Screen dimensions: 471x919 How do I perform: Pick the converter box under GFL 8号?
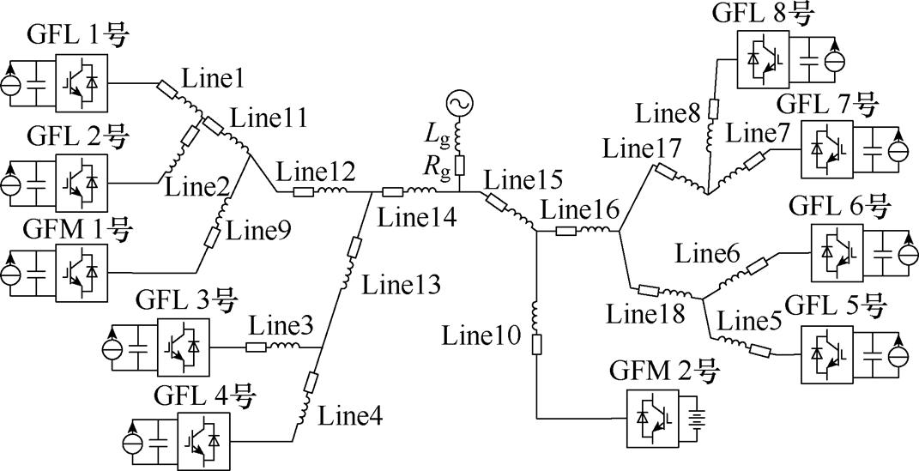(x=763, y=61)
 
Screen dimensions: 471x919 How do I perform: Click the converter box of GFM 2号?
(x=653, y=417)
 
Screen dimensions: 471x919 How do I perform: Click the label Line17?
(x=641, y=148)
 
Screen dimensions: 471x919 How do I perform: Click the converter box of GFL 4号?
(x=203, y=439)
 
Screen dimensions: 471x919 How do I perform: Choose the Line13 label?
(x=401, y=284)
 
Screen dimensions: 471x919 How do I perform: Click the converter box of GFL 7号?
(x=827, y=147)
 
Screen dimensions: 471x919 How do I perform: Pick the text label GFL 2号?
(x=77, y=136)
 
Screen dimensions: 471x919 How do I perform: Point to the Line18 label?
(x=646, y=313)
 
